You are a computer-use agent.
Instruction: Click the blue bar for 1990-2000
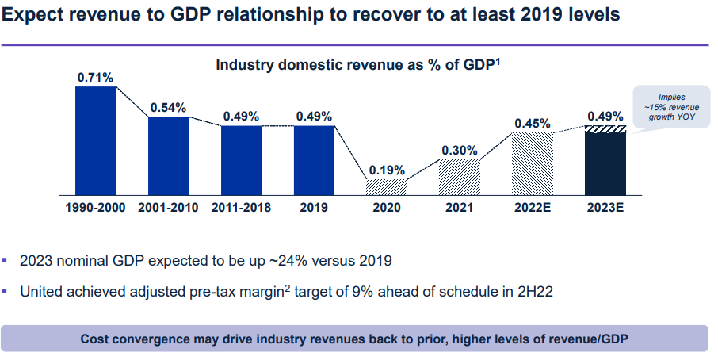(95, 140)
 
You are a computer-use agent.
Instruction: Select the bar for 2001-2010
(168, 156)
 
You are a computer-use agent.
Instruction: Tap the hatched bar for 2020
(387, 187)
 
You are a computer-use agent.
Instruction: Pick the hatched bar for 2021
(460, 177)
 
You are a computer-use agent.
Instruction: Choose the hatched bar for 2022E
(533, 163)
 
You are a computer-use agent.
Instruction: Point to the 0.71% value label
(95, 77)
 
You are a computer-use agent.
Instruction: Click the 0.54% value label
(168, 107)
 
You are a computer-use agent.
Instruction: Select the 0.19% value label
(387, 170)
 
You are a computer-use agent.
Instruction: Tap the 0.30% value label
(460, 150)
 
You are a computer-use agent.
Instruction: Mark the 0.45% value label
(533, 123)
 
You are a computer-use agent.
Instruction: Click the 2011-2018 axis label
(241, 208)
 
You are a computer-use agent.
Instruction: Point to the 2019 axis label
(314, 208)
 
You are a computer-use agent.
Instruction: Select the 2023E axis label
(605, 208)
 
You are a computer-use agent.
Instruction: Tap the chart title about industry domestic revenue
(357, 66)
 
